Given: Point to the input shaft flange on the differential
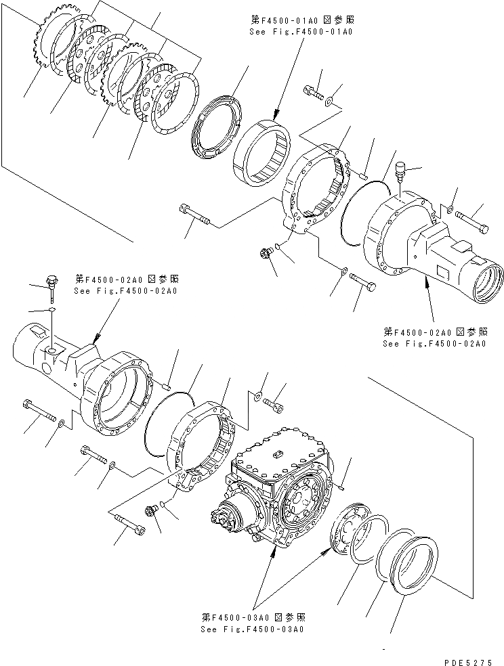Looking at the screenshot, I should (x=226, y=522).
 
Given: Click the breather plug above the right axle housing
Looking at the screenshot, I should (x=399, y=169).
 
